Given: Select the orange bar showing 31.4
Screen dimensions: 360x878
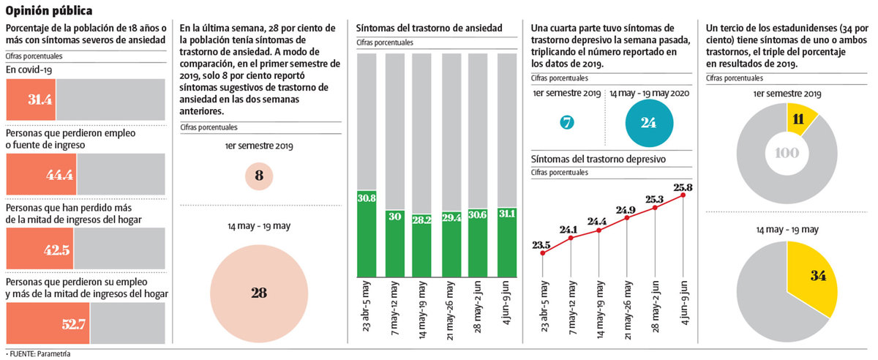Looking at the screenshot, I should (31, 100).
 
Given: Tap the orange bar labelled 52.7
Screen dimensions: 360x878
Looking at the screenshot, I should (48, 323).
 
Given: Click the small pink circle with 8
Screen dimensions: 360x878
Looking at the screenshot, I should (259, 176).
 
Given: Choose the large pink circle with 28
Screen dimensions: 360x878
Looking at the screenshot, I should (259, 293).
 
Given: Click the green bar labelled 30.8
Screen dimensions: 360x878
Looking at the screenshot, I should (367, 234).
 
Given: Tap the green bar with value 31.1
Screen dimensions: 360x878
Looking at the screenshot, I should (506, 234).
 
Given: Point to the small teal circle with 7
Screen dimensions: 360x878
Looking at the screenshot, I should (566, 122).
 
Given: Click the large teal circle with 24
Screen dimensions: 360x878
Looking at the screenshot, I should (648, 122).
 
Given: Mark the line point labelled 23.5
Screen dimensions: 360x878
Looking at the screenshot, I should (542, 254).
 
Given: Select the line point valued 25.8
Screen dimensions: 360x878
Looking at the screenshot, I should (683, 195).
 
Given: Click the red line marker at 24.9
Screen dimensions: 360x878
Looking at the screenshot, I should (626, 218).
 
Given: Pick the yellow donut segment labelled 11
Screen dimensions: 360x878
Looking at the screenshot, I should (800, 119).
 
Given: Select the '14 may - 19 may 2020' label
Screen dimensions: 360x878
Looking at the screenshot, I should (648, 94).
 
